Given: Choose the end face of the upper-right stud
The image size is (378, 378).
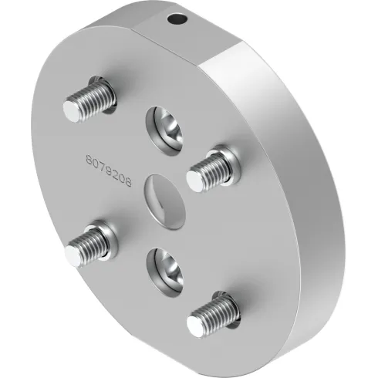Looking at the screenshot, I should pyautogui.click(x=195, y=176).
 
